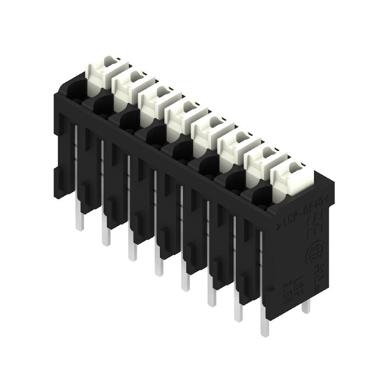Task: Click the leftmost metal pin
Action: pos(80,221)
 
